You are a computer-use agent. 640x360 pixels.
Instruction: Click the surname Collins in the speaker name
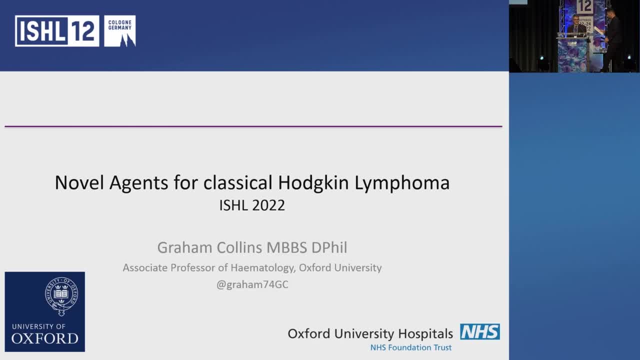click(x=239, y=247)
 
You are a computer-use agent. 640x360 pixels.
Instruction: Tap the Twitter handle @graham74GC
click(x=252, y=284)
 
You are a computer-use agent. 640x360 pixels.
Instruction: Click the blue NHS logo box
click(x=479, y=331)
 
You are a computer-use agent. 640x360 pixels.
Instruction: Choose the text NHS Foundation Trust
click(x=411, y=347)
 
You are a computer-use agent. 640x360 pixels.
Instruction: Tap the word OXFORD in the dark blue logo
click(x=45, y=338)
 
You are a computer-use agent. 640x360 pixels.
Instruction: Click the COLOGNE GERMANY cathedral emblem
click(x=120, y=31)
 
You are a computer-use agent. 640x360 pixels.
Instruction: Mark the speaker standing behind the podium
click(x=576, y=25)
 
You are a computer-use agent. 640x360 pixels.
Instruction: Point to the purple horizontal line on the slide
click(x=253, y=126)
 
